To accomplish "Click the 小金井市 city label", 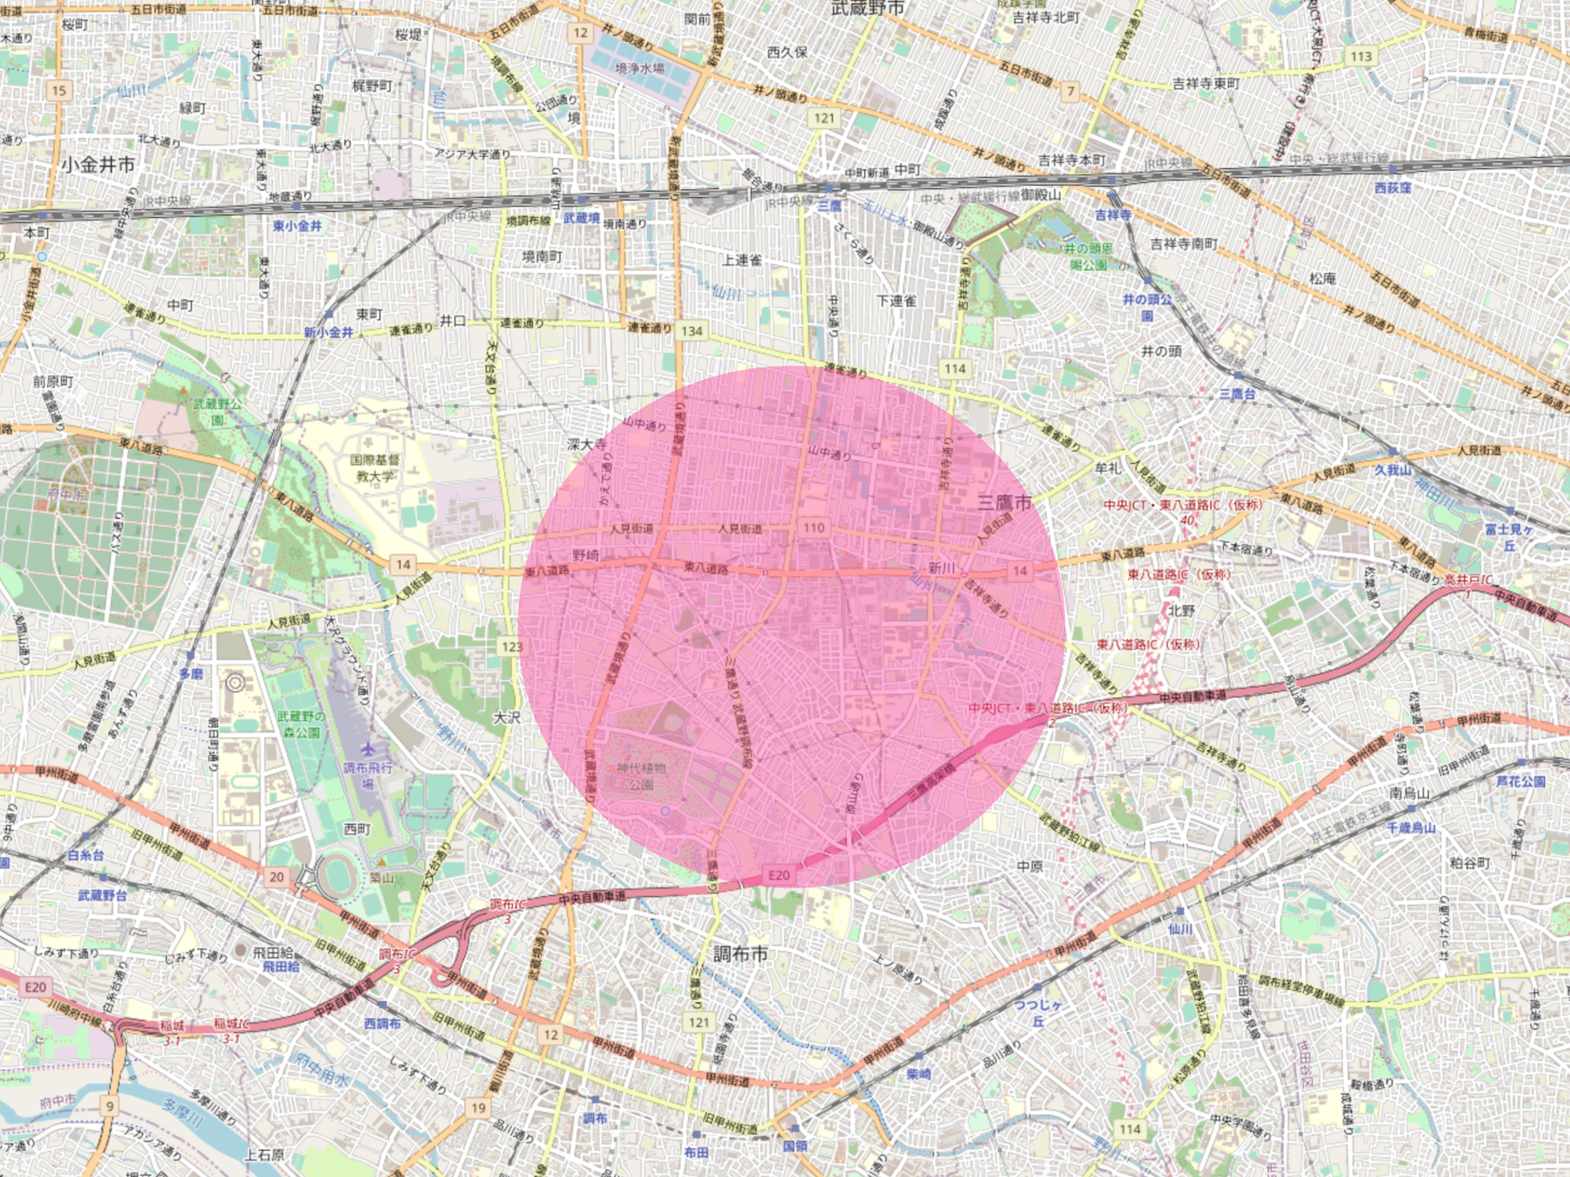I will [x=98, y=164].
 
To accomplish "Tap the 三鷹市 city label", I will [x=1004, y=502].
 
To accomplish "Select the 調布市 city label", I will [x=741, y=954].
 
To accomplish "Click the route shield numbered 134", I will [x=692, y=330].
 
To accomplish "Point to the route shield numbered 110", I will [x=814, y=527].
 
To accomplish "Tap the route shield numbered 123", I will [x=511, y=646].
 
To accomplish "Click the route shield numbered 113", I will [x=1361, y=57].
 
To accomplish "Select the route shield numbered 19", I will [x=478, y=1108].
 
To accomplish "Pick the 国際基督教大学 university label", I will [x=375, y=468].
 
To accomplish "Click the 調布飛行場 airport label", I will [x=368, y=775].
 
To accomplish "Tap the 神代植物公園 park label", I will [x=641, y=775].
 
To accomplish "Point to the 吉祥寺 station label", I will [x=1113, y=214].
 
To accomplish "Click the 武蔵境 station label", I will [x=581, y=218].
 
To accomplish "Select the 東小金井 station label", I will [x=297, y=226].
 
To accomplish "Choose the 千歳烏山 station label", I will [x=1410, y=827].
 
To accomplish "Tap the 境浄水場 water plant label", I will [x=639, y=68].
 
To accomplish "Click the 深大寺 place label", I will [x=586, y=445].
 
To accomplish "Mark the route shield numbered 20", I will [x=276, y=877].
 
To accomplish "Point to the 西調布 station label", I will [x=382, y=1023].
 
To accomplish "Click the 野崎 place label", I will [x=585, y=555].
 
